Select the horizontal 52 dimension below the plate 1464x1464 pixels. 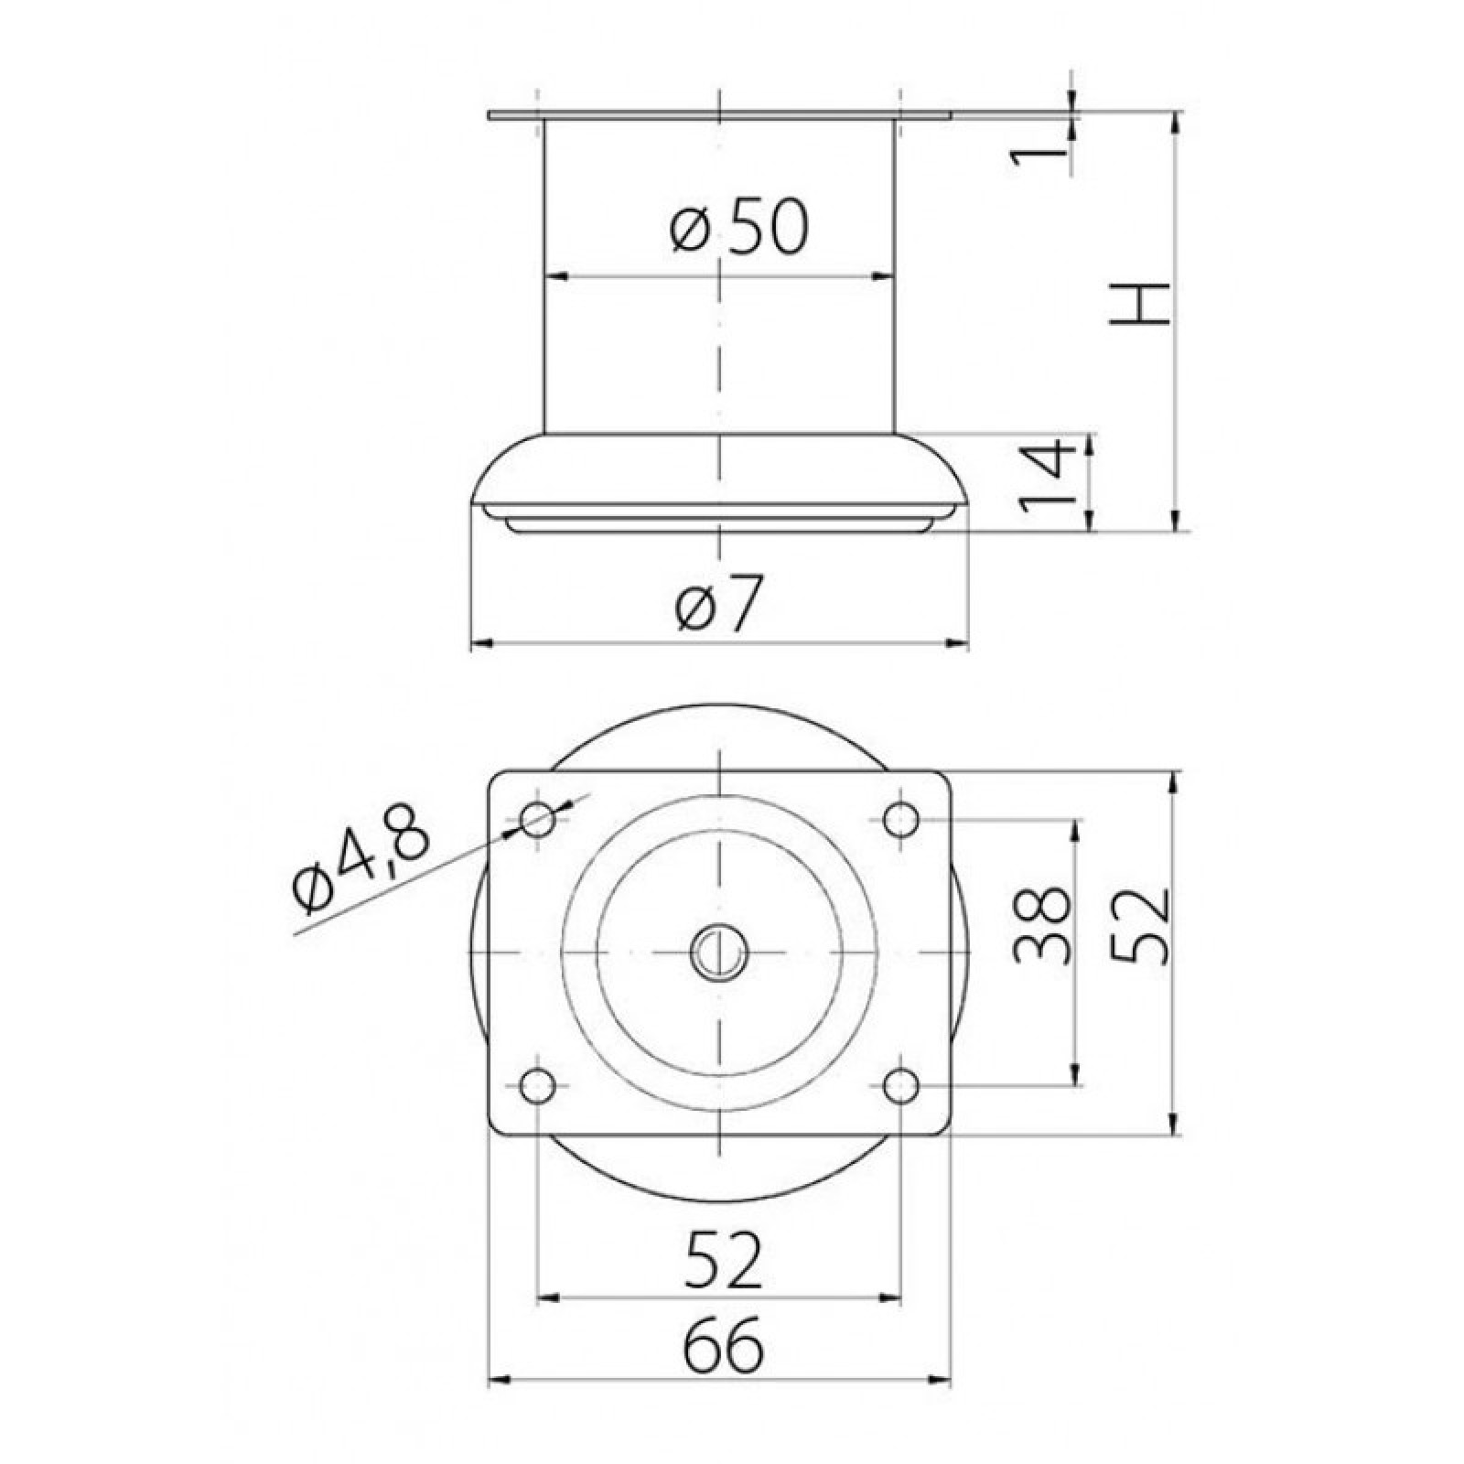(x=724, y=1260)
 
